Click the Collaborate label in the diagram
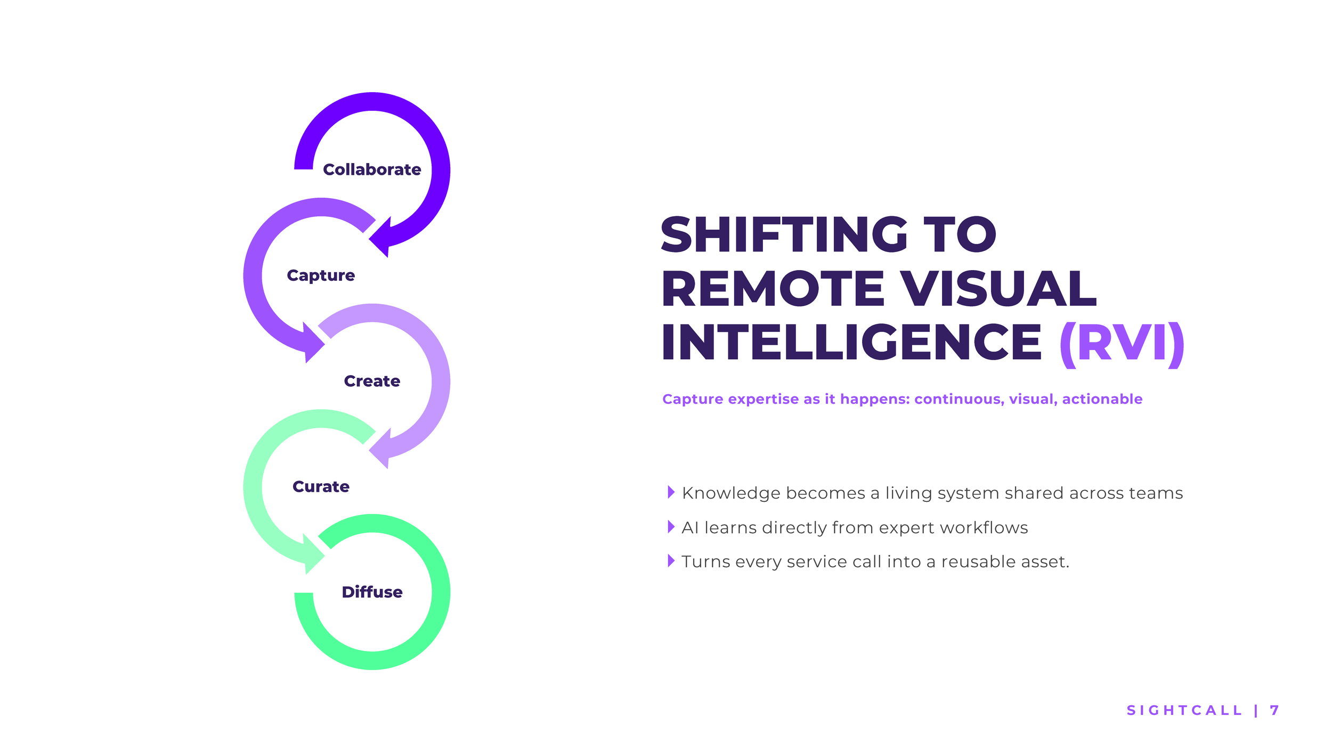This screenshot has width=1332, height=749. tap(372, 169)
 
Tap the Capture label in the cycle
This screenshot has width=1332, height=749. tap(321, 275)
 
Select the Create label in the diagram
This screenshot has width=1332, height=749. tap(372, 381)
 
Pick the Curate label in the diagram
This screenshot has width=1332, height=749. tap(321, 486)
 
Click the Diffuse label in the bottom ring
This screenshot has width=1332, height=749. tap(372, 592)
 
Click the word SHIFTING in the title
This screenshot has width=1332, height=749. tap(784, 234)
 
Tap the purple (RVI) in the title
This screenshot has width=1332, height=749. tap(1122, 343)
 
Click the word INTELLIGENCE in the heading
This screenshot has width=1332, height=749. tap(851, 343)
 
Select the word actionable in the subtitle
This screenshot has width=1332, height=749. tap(1102, 399)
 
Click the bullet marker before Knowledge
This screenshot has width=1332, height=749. tap(671, 492)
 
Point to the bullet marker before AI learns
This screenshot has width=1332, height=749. tap(671, 527)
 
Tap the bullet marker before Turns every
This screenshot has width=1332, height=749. tap(671, 560)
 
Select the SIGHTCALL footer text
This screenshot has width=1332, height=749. tap(1184, 710)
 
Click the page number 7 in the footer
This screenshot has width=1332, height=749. tap(1274, 710)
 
